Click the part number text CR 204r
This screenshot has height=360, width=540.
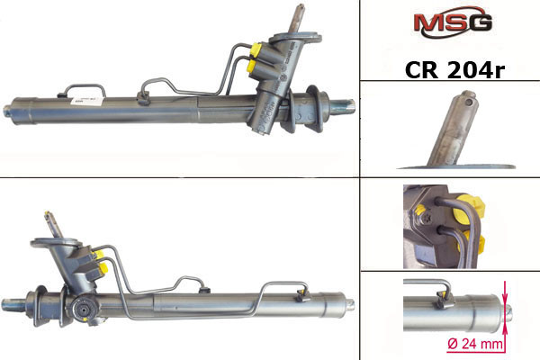454,70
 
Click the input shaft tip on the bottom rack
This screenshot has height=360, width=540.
47,215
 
